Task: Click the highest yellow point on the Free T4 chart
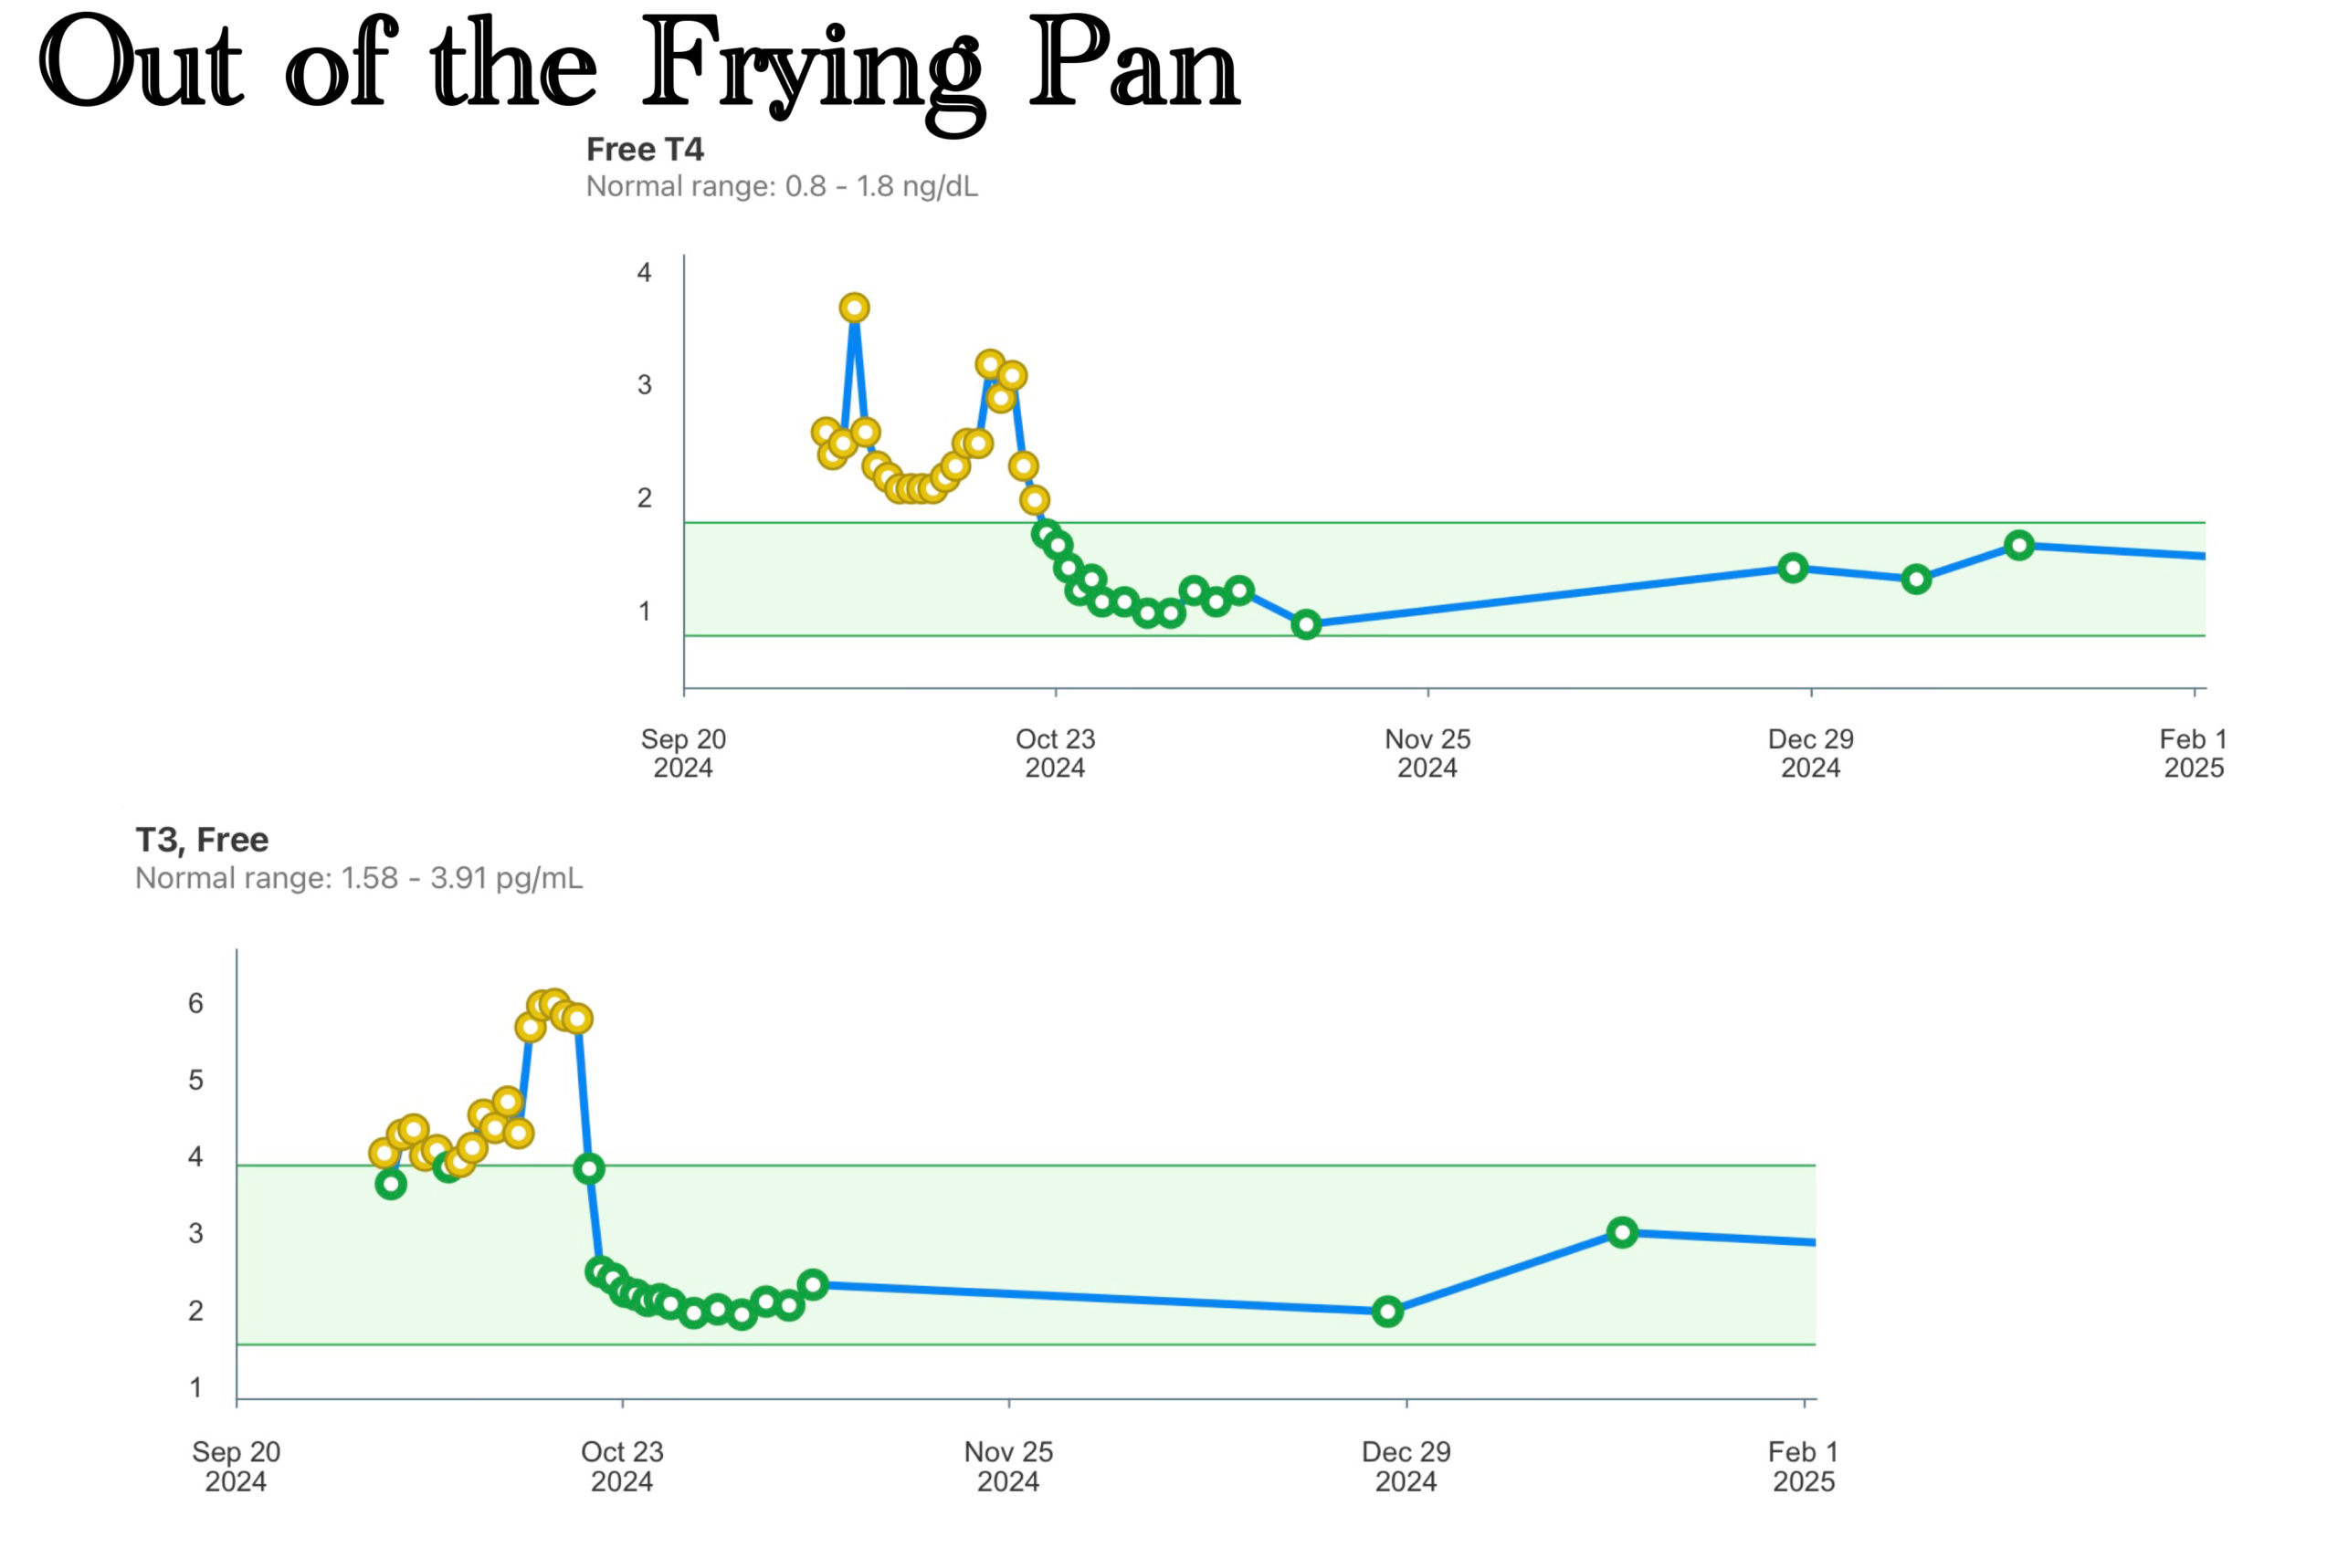(x=854, y=308)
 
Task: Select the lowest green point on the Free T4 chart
(x=1306, y=624)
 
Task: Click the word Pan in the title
(x=1133, y=65)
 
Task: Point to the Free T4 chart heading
(x=644, y=150)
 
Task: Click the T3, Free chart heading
(x=202, y=841)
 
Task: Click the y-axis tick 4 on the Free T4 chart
(x=644, y=272)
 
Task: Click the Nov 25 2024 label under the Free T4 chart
(x=1427, y=753)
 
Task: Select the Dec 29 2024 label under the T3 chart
(x=1406, y=1467)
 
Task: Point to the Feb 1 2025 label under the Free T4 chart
(x=2194, y=753)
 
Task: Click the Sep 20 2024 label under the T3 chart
(x=236, y=1467)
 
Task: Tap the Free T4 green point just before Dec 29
(x=1792, y=569)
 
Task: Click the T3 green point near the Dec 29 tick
(x=1387, y=1312)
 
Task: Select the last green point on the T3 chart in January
(x=1622, y=1232)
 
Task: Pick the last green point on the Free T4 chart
(x=2019, y=545)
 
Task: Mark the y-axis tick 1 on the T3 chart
(x=195, y=1387)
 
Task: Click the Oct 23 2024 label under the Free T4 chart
(x=1055, y=753)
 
